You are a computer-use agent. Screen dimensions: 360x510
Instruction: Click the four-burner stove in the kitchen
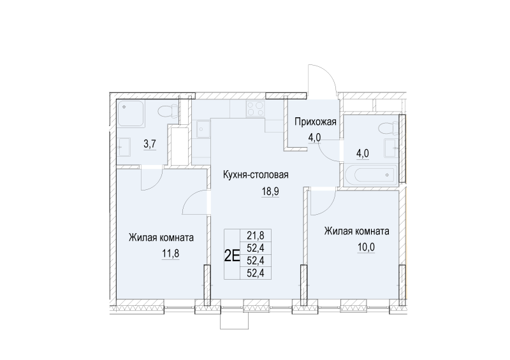point(255,109)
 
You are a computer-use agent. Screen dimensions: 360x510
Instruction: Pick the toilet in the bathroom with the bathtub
point(384,127)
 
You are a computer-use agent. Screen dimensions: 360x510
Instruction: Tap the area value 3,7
point(150,144)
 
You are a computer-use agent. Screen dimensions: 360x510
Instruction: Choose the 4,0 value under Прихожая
point(315,137)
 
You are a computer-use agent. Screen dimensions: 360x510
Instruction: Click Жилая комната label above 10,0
point(356,231)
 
